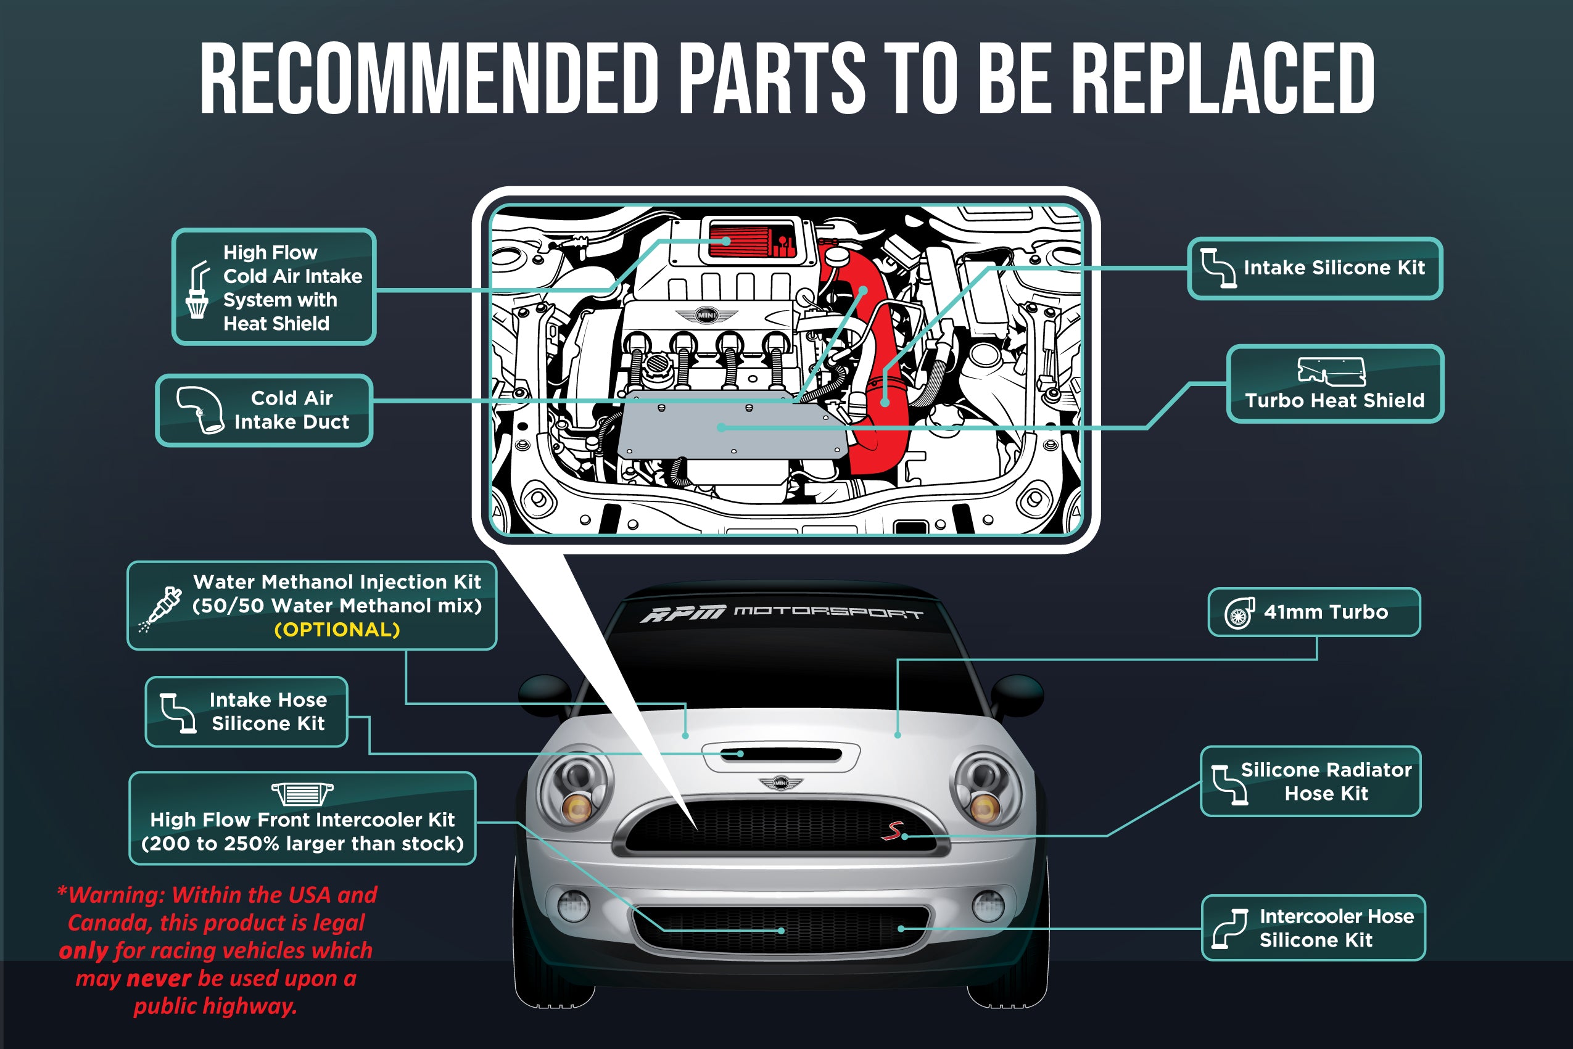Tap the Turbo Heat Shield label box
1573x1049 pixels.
pyautogui.click(x=1335, y=384)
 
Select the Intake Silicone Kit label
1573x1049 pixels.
pyautogui.click(x=1315, y=268)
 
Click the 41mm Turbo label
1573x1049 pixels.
pyautogui.click(x=1314, y=612)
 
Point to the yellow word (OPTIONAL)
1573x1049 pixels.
pyautogui.click(x=337, y=630)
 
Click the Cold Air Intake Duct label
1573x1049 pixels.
pyautogui.click(x=264, y=410)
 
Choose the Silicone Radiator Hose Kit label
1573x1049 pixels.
pyautogui.click(x=1311, y=781)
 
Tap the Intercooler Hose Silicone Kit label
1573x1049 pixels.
pyautogui.click(x=1313, y=928)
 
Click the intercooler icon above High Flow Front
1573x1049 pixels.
pyautogui.click(x=302, y=794)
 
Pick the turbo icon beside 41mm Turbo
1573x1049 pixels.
pyautogui.click(x=1239, y=613)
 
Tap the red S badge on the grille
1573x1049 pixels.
pyautogui.click(x=892, y=830)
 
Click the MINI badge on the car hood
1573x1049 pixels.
pyautogui.click(x=781, y=782)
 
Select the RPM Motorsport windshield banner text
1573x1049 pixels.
pyautogui.click(x=781, y=612)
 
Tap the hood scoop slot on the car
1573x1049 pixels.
pyautogui.click(x=781, y=755)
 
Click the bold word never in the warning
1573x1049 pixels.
pyautogui.click(x=159, y=978)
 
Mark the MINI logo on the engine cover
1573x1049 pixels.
pyautogui.click(x=706, y=315)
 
